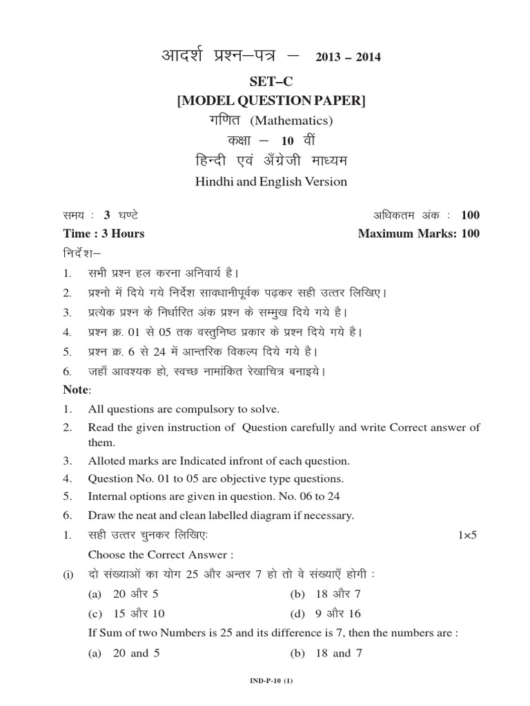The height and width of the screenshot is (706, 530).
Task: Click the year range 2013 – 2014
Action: click(348, 57)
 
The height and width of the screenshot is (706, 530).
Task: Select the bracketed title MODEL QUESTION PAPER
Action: click(271, 101)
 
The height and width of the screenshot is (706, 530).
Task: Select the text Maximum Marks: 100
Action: click(418, 233)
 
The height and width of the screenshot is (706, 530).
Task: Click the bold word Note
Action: click(76, 390)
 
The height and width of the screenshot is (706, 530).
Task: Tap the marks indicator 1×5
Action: click(467, 535)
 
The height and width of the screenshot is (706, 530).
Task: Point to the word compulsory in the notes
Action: click(195, 409)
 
